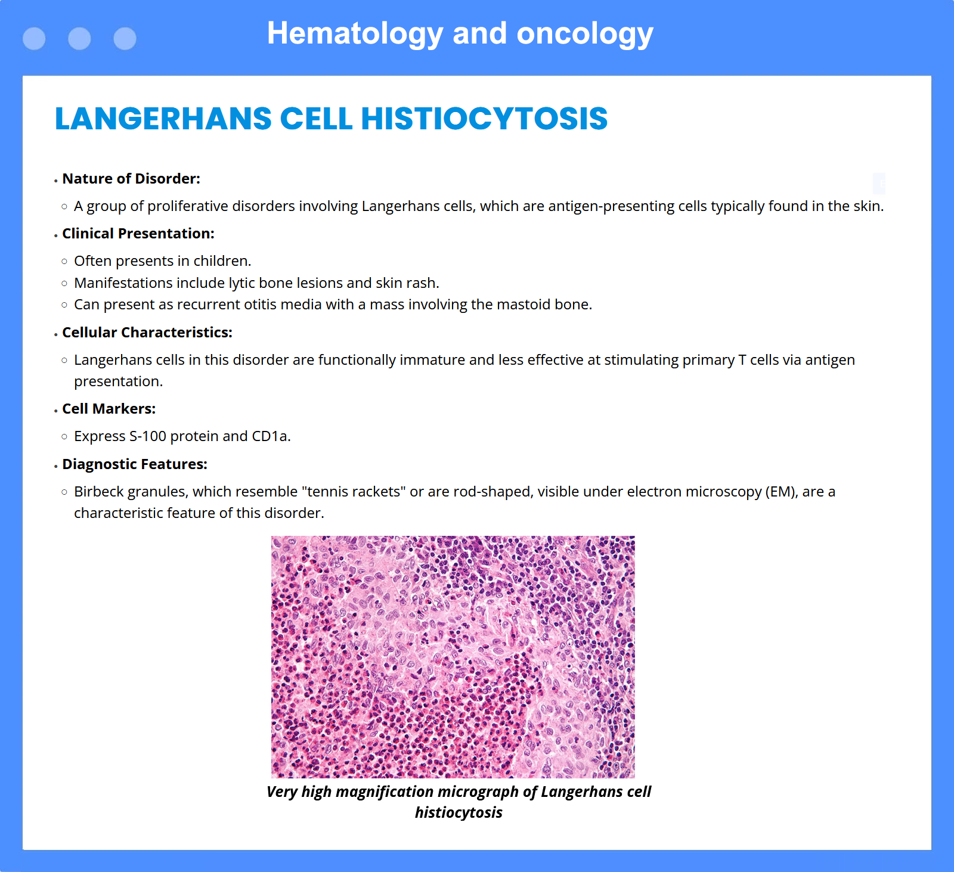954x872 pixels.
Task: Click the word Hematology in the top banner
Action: [355, 33]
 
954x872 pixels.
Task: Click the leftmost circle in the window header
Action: [34, 39]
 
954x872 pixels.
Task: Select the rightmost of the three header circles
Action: [125, 39]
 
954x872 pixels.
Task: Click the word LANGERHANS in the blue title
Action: [163, 118]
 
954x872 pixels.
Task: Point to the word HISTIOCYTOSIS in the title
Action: [484, 118]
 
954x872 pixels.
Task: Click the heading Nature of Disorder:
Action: [131, 179]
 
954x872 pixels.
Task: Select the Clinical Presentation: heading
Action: [138, 234]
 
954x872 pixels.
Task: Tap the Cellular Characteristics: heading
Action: [147, 333]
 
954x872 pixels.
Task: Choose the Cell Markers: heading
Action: [109, 409]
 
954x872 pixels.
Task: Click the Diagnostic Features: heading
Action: [135, 464]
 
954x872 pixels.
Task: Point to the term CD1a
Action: [271, 436]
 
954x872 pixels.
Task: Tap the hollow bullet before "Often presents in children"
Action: [64, 262]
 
